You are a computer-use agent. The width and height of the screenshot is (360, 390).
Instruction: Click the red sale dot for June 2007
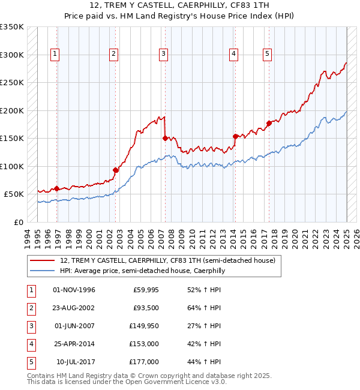165,138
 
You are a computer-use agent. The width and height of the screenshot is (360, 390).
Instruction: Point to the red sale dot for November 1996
57,188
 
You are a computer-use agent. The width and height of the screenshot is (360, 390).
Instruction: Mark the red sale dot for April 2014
236,136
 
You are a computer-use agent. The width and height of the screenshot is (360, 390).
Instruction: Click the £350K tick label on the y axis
12,27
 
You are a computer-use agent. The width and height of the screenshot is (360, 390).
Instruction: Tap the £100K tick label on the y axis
12,166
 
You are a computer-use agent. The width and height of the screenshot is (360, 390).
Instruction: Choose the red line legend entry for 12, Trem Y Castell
167,260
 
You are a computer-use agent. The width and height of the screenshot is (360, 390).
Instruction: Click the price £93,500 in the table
146,308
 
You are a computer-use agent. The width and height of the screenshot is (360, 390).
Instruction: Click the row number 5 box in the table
31,362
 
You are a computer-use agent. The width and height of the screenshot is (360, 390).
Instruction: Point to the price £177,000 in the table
144,362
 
